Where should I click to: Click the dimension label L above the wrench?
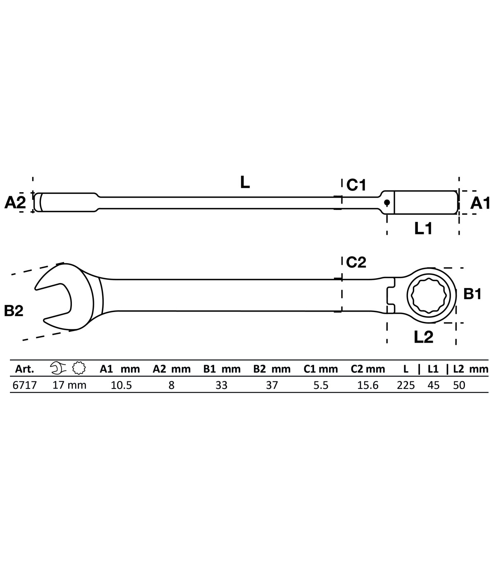click(245, 183)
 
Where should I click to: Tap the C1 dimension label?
click(356, 185)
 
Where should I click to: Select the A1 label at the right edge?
click(481, 203)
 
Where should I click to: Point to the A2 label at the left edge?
click(15, 202)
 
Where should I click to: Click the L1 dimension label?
click(423, 229)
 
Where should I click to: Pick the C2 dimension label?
click(356, 262)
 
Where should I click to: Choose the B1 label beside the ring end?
click(472, 294)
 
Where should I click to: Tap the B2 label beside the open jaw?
click(14, 311)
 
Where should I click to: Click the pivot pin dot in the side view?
click(387, 202)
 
